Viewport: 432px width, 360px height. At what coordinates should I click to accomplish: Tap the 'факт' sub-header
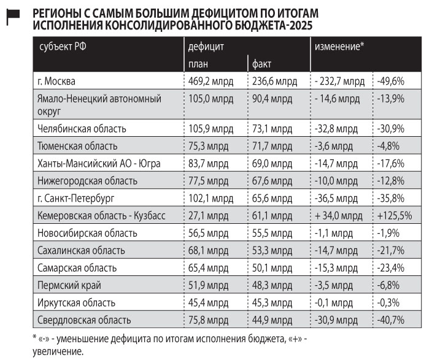[x=261, y=64]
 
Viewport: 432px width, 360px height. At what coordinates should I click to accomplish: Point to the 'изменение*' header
[x=340, y=47]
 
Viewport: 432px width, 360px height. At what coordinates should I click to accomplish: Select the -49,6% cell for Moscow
[x=392, y=81]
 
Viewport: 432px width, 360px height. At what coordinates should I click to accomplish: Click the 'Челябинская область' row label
[x=82, y=129]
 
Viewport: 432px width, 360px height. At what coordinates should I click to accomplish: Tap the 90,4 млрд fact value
[x=274, y=98]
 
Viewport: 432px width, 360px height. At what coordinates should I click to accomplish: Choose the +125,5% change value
[x=395, y=216]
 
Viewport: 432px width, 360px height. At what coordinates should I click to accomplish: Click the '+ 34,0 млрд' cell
[x=339, y=216]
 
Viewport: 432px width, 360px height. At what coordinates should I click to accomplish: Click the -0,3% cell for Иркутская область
[x=390, y=303]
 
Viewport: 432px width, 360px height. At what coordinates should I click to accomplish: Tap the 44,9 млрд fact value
[x=274, y=320]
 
